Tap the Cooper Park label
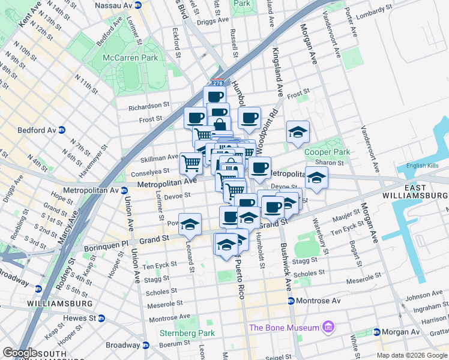click(x=327, y=152)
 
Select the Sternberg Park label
click(x=187, y=333)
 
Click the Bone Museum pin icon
click(x=328, y=327)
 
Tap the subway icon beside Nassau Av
click(x=137, y=5)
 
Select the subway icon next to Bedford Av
click(x=70, y=130)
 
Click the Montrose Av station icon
click(x=291, y=301)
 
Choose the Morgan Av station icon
click(x=376, y=332)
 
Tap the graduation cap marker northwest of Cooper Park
click(x=298, y=131)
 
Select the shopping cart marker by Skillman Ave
click(x=191, y=161)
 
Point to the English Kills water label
click(x=423, y=166)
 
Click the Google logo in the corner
click(x=20, y=353)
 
